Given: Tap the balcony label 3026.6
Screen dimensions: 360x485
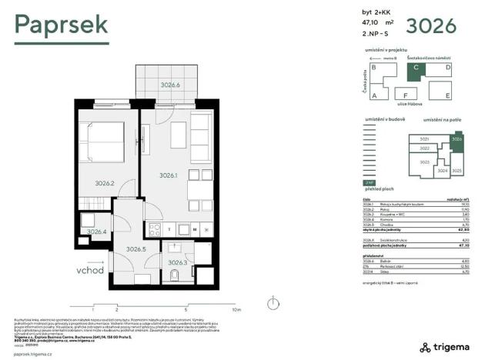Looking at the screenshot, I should [x=169, y=85].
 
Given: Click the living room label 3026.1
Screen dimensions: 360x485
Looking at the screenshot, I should [x=169, y=175].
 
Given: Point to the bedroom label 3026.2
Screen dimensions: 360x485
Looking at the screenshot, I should [x=105, y=183].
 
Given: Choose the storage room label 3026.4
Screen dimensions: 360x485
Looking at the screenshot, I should [x=96, y=232].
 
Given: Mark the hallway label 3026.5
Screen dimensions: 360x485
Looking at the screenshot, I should [x=136, y=248].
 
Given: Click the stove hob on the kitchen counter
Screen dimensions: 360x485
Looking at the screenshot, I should [x=154, y=228].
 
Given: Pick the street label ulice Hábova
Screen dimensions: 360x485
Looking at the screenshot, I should [x=410, y=104].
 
